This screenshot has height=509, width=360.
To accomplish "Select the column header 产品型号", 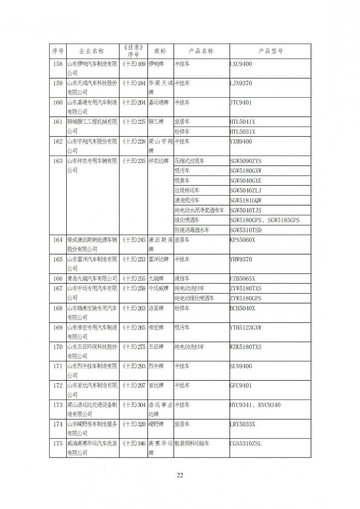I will coord(270,51).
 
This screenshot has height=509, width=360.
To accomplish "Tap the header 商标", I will coord(160,51).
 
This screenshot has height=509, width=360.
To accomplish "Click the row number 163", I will coord(58,161).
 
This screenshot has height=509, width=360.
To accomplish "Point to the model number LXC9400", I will coord(241,64).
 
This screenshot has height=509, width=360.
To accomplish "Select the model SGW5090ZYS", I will coord(246,161).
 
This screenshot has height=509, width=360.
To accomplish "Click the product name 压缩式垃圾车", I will coord(189,161).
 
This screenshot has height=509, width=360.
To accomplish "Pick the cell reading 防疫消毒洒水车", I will coord(192,230).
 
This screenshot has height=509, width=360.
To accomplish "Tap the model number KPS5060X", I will coord(242,240).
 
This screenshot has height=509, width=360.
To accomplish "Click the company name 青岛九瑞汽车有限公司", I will coord(92,279).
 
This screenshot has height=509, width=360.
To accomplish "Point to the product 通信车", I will coord(182,279).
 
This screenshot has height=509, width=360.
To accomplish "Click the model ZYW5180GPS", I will coord(246,298).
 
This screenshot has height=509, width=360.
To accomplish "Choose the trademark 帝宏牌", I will coord(156,328).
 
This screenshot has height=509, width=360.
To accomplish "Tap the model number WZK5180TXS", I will coord(246,347).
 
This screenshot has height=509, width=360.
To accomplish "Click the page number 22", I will coord(180,475).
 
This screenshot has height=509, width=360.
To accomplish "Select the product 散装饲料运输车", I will coord(192,443).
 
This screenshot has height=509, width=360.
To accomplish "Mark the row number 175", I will coord(58,443).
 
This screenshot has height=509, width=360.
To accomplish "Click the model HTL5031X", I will coord(242,132).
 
